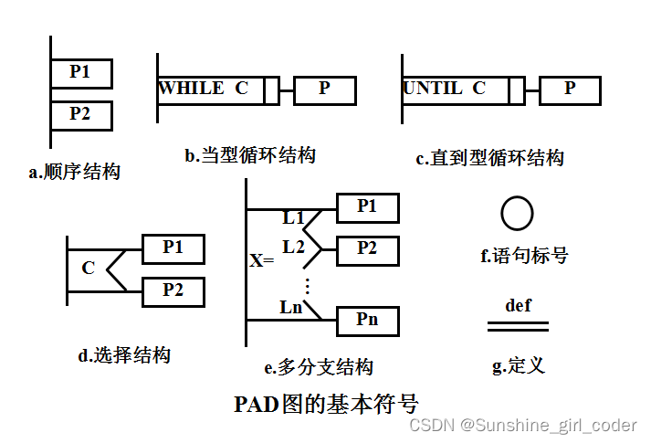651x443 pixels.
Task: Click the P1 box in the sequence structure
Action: [81, 73]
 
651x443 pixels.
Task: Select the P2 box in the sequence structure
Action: [81, 115]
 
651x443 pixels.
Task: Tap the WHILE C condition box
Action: [211, 90]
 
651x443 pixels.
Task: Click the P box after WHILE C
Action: [324, 90]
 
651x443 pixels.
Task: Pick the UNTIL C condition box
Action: [456, 90]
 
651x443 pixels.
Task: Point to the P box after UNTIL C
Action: [570, 90]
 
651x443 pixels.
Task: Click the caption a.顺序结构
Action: [75, 171]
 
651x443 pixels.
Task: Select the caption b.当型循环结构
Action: [250, 155]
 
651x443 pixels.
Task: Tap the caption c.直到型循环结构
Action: [489, 158]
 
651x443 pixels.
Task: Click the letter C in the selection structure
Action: [88, 269]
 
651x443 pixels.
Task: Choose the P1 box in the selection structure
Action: [173, 248]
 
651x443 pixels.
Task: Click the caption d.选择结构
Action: [124, 355]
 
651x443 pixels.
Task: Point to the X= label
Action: [262, 260]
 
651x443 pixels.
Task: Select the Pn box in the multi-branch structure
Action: [367, 321]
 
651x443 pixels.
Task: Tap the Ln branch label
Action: [291, 307]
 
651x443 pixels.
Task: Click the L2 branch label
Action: [293, 246]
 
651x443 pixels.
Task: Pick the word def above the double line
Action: [518, 305]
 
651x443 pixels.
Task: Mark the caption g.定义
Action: [518, 365]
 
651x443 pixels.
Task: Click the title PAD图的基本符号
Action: [327, 404]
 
